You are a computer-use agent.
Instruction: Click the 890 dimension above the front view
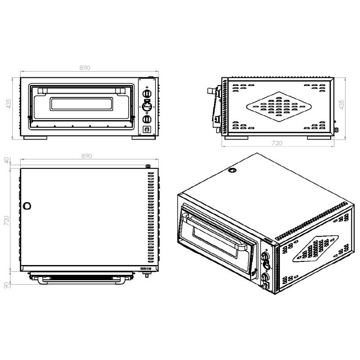tap(85, 68)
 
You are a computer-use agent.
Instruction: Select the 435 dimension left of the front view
tap(9, 104)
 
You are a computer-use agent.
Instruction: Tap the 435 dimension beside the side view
tap(342, 105)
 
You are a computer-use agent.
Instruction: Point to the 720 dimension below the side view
tap(277, 143)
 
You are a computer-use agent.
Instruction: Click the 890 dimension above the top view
tap(86, 156)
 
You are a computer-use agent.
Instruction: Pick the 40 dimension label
tap(6, 160)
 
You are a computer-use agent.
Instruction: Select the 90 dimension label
tap(6, 285)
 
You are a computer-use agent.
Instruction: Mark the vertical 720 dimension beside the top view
tap(6, 220)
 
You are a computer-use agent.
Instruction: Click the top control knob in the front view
tap(147, 94)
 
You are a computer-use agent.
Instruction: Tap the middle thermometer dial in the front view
tap(147, 107)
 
